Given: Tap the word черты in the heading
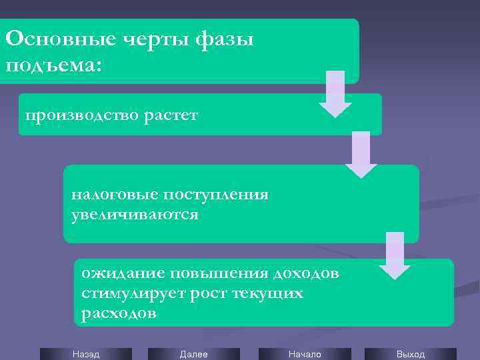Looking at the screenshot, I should pyautogui.click(x=156, y=39).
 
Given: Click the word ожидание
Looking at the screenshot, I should pyautogui.click(x=123, y=273).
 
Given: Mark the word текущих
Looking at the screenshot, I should pyautogui.click(x=268, y=293).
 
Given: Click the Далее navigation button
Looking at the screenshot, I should pyautogui.click(x=193, y=354).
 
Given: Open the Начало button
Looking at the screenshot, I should pyautogui.click(x=304, y=354).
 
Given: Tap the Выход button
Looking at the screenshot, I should pyautogui.click(x=410, y=354).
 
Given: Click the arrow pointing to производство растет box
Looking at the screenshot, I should pyautogui.click(x=335, y=93).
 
